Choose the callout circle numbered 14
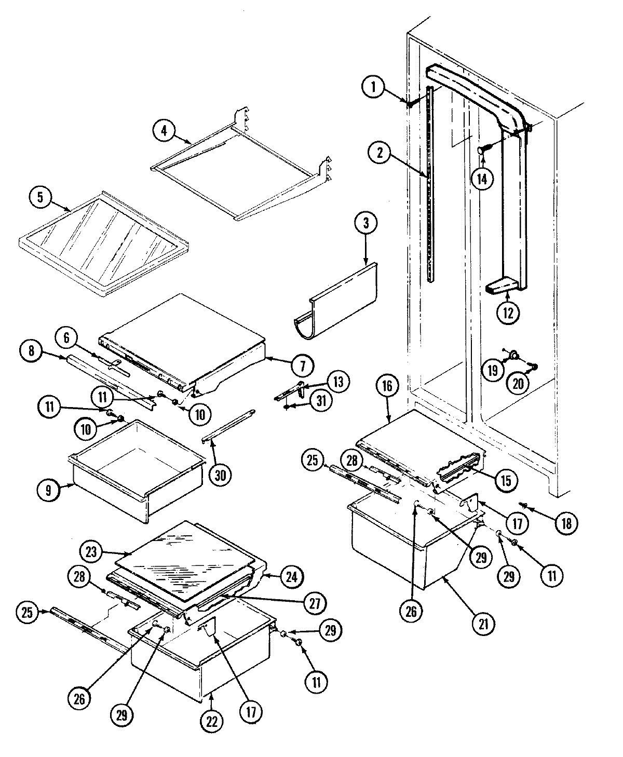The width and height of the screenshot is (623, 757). (x=482, y=178)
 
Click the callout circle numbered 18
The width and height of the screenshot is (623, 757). (x=566, y=523)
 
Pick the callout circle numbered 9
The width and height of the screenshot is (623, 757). (x=48, y=491)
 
